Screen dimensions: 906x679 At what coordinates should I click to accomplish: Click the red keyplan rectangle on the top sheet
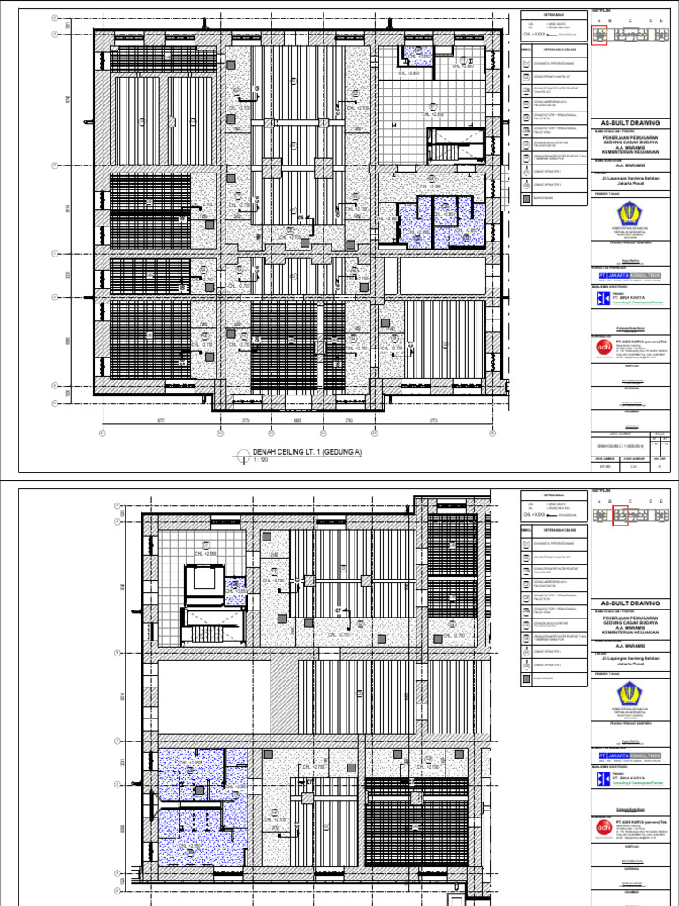click(x=599, y=35)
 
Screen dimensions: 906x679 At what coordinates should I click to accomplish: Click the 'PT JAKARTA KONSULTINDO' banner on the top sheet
click(x=630, y=275)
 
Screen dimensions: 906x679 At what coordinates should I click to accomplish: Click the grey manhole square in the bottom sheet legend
click(x=526, y=679)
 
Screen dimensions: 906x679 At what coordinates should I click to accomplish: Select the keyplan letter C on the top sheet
click(x=630, y=20)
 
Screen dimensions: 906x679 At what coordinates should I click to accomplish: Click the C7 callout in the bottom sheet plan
click(x=338, y=610)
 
